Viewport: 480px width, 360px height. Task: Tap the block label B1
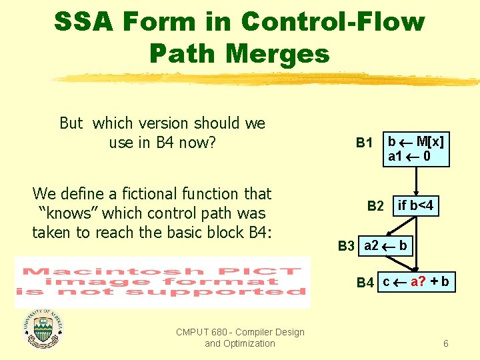364,143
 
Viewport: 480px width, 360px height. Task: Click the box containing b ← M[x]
416,149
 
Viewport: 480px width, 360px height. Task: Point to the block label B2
375,207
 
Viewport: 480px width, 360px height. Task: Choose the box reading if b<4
415,206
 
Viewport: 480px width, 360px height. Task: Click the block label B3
346,246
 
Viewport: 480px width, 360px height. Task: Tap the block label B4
365,283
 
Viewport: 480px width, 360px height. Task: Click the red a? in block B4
419,282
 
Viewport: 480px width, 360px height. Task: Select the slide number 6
445,344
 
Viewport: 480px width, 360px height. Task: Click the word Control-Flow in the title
333,22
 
